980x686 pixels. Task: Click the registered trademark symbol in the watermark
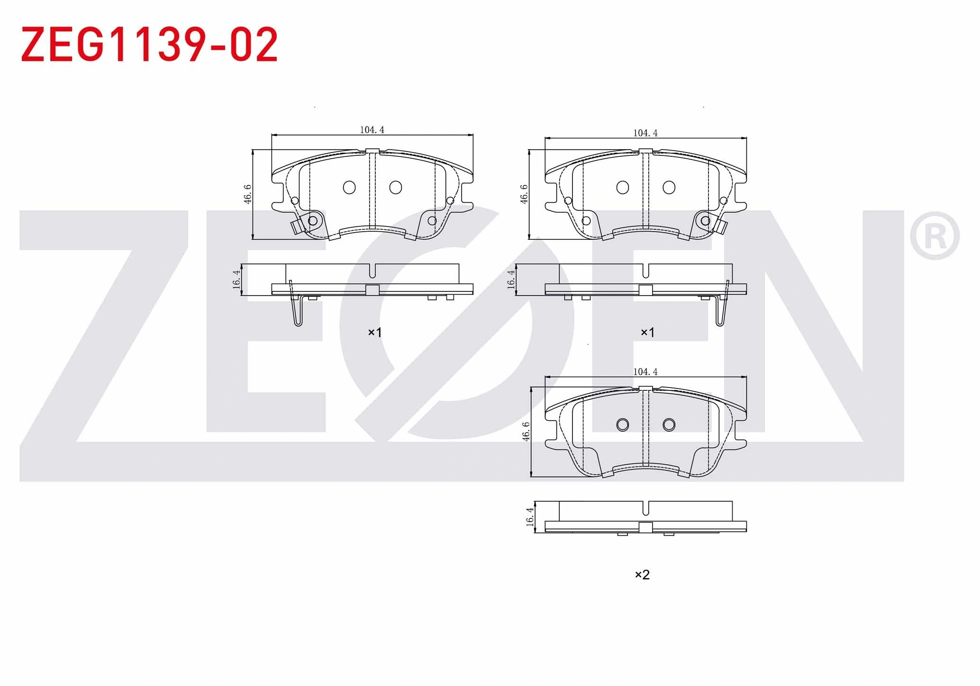(x=935, y=235)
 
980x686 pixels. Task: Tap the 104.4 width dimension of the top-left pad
(x=372, y=130)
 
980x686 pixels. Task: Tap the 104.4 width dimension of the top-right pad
(x=645, y=133)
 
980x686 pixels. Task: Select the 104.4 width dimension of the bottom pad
(x=645, y=372)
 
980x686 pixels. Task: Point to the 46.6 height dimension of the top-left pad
(x=248, y=194)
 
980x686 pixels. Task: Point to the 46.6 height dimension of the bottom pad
(x=526, y=432)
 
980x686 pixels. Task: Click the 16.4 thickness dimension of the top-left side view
(x=236, y=280)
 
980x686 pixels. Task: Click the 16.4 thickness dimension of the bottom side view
(x=530, y=517)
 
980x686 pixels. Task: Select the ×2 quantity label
(x=642, y=575)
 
